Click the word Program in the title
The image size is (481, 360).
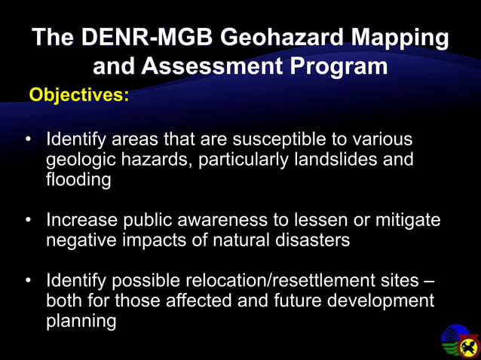click(x=339, y=66)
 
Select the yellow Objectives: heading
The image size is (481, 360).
click(x=78, y=96)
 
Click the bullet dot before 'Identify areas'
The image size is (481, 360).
click(x=29, y=141)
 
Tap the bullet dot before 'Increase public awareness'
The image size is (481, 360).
click(x=29, y=221)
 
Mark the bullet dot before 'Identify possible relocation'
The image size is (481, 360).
click(x=29, y=282)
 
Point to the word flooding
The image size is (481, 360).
click(x=78, y=181)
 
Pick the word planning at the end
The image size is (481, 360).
click(x=81, y=322)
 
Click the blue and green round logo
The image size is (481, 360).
click(x=454, y=337)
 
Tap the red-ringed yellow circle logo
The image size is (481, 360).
click(x=469, y=347)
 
